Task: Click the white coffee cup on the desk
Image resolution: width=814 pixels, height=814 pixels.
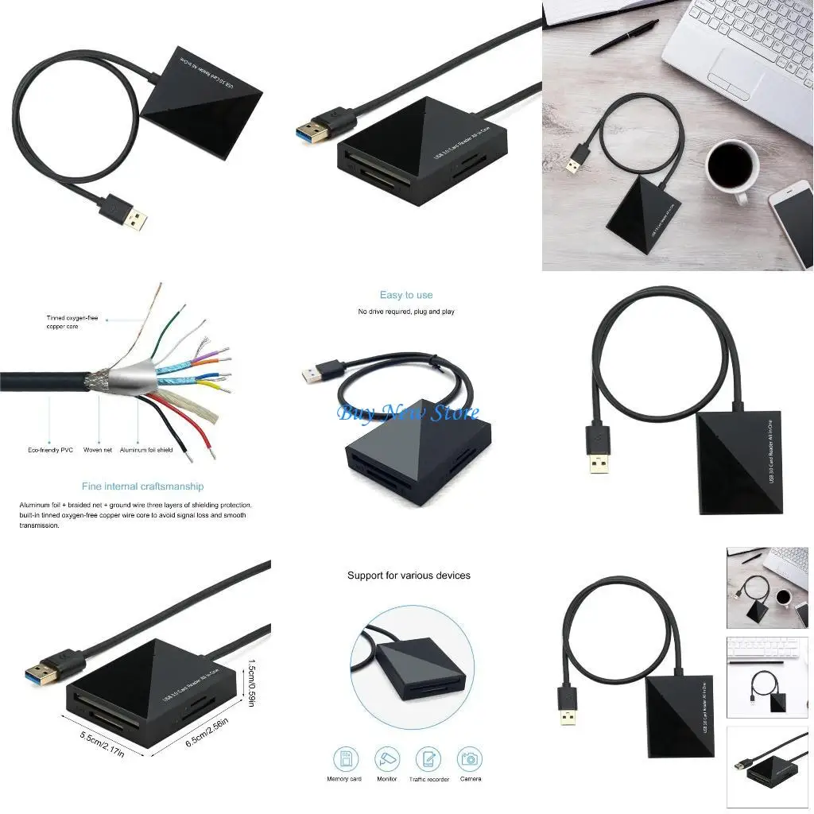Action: click(x=731, y=168)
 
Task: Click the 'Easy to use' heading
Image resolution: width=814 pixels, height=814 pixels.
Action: click(x=406, y=295)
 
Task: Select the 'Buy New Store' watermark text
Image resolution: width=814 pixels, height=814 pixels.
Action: click(x=408, y=412)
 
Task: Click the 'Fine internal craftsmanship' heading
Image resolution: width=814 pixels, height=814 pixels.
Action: click(x=142, y=486)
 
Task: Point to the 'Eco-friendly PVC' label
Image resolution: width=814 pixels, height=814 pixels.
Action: click(x=50, y=450)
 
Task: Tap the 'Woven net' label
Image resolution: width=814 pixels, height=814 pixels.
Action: click(x=98, y=450)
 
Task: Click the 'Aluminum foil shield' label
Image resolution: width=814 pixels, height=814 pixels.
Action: click(x=146, y=450)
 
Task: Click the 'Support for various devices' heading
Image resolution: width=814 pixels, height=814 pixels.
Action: click(x=409, y=575)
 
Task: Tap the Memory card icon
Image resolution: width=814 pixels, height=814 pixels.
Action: click(x=345, y=759)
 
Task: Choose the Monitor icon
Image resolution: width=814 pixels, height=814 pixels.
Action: click(x=386, y=759)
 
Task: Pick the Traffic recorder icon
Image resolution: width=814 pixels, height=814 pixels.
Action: click(x=428, y=759)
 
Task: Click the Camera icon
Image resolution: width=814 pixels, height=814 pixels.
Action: click(x=470, y=759)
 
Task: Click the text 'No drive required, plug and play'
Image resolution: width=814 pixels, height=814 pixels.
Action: click(x=406, y=312)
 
